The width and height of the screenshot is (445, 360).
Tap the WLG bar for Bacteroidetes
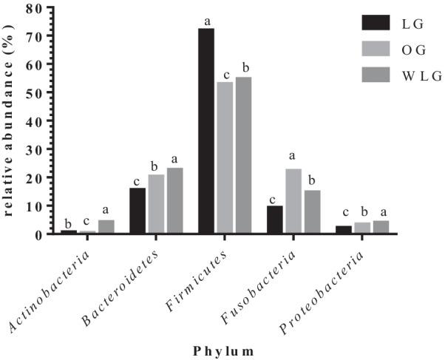174,200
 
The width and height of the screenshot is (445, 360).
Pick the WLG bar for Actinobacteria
106,227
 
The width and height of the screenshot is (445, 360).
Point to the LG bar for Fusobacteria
276,220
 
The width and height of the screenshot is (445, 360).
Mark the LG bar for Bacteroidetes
137,211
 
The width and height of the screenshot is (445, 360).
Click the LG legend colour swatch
376,23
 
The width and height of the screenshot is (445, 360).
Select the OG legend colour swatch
376,49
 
